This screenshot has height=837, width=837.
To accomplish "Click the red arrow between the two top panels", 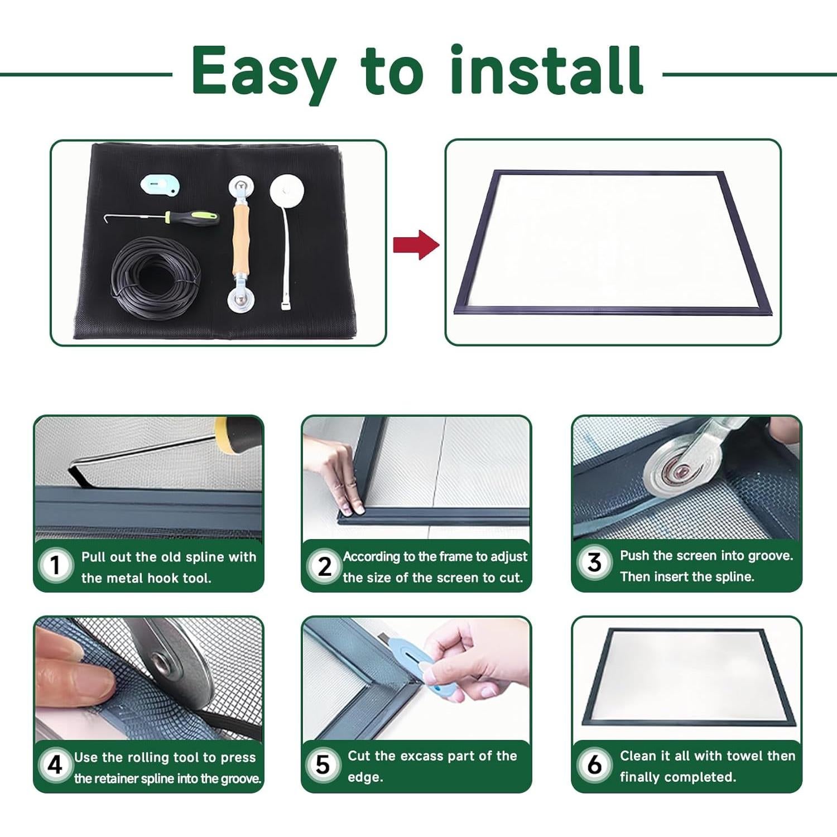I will [416, 244].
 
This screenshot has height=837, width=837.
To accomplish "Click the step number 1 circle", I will [55, 565].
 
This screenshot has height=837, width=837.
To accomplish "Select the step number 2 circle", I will [324, 566].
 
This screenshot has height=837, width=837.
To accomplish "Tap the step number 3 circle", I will [594, 562].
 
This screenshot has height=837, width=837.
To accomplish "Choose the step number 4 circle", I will [55, 765].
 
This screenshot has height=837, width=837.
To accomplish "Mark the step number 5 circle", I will [323, 765].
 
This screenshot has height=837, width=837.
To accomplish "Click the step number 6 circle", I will [594, 764].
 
